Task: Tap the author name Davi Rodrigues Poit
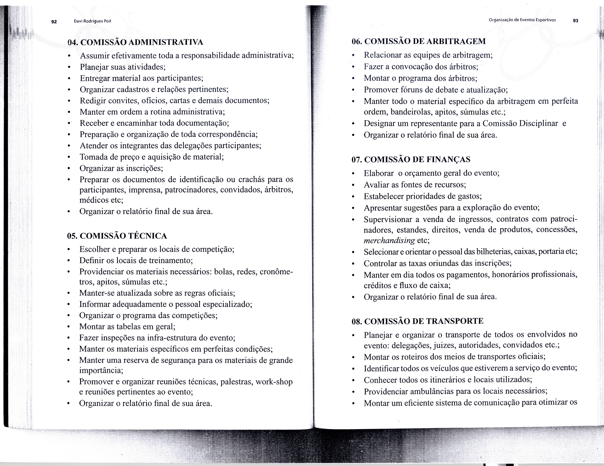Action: [92, 21]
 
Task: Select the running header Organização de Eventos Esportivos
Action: [522, 20]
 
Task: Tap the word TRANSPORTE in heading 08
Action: [455, 321]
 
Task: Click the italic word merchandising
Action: [389, 241]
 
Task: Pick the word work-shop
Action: [274, 382]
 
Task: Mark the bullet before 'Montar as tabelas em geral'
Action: [68, 327]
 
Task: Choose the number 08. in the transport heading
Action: [357, 321]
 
